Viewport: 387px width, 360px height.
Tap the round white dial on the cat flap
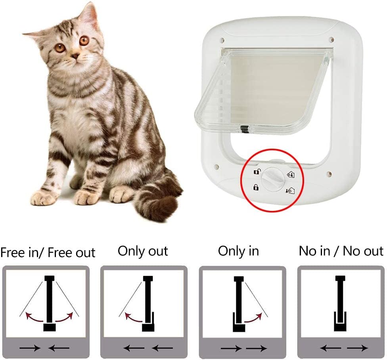[272, 180]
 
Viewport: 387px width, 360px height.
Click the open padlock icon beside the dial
[257, 171]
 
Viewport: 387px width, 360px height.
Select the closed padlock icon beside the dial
[256, 187]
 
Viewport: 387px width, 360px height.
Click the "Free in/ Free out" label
[48, 253]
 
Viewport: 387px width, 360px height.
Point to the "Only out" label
[143, 251]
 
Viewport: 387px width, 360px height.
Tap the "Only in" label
[238, 251]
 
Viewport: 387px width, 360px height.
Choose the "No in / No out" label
[341, 251]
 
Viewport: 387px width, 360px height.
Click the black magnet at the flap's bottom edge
[244, 129]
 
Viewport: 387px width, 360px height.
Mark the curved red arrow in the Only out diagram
[133, 317]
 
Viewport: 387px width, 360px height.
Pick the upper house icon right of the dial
[291, 174]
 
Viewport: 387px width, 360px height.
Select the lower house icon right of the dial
[290, 190]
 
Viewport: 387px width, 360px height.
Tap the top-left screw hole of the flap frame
[222, 39]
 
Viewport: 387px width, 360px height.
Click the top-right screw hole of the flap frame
[331, 39]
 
